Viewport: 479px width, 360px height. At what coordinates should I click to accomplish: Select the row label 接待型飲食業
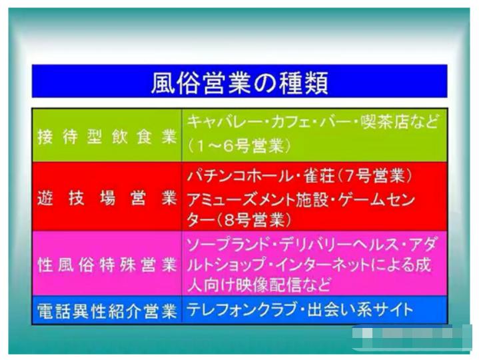(x=107, y=137)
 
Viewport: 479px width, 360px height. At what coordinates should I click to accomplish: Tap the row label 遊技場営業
(x=107, y=199)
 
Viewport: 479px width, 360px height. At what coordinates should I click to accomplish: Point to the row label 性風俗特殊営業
(x=107, y=264)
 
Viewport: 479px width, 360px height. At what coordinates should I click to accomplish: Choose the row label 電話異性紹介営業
(x=107, y=311)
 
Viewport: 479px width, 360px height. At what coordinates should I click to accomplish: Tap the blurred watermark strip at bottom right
(x=412, y=337)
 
